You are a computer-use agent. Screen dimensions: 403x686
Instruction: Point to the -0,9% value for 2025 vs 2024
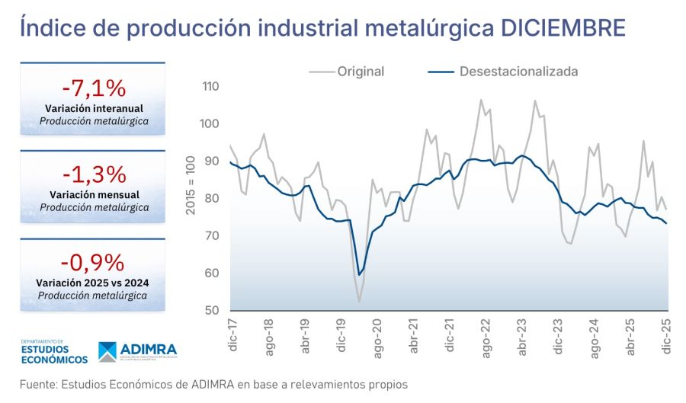pyautogui.click(x=92, y=263)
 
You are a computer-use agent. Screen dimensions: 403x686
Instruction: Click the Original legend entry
pyautogui.click(x=361, y=72)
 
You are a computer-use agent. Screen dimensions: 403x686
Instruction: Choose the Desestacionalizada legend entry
pyautogui.click(x=518, y=72)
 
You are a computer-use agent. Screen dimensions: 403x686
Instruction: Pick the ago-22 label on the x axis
pyautogui.click(x=486, y=336)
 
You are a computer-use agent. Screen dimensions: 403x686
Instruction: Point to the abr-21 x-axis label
pyautogui.click(x=413, y=336)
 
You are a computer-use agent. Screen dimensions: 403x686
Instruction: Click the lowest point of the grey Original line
pyautogui.click(x=359, y=302)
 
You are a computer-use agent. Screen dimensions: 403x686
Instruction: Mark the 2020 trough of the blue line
pyautogui.click(x=358, y=275)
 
